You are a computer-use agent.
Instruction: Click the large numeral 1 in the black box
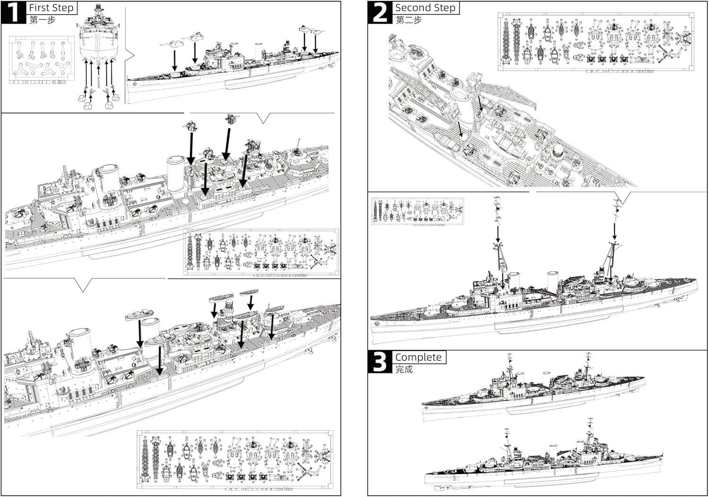(x=13, y=13)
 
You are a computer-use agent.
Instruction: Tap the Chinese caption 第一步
(x=43, y=20)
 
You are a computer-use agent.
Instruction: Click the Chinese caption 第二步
(x=409, y=20)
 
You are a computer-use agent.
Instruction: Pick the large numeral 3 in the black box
(x=380, y=362)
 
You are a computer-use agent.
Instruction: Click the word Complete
(x=418, y=357)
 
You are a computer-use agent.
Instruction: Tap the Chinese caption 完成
(x=404, y=369)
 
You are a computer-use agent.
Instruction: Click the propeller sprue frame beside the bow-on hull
(x=42, y=60)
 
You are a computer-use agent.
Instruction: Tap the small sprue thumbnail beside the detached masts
(x=417, y=211)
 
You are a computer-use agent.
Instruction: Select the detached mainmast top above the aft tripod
(x=616, y=209)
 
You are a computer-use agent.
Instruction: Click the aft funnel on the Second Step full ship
(x=553, y=278)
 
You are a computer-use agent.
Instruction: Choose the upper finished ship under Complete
(x=533, y=387)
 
